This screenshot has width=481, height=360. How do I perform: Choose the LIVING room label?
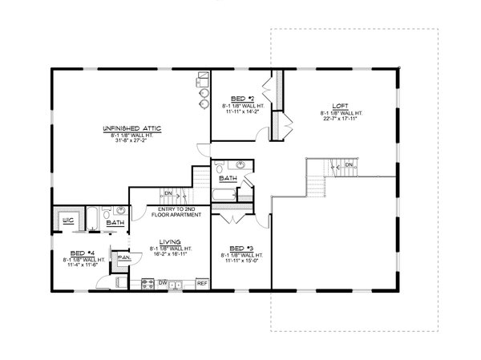169,241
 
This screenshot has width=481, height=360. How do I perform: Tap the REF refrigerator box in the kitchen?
202,283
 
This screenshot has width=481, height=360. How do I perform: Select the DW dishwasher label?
163,283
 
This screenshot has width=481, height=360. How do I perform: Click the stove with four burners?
148,283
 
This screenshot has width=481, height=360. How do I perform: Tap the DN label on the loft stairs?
348,166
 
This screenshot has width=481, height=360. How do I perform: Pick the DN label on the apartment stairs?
168,193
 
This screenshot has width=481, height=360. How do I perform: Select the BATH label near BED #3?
228,178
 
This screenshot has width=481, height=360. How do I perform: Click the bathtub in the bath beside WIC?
91,218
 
